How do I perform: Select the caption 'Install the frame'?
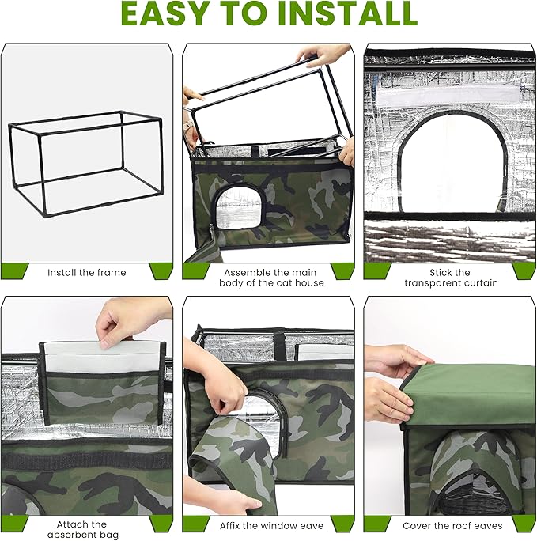(86, 272)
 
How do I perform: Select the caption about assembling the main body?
(269, 278)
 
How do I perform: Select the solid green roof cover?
(475, 388)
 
